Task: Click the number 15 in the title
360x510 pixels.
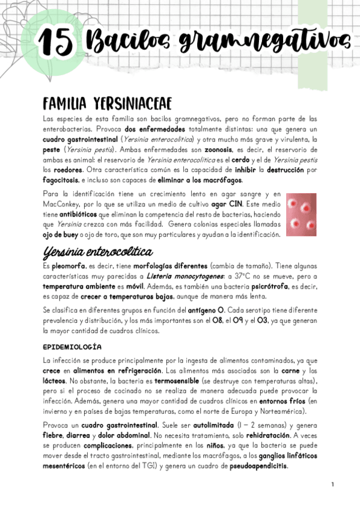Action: pyautogui.click(x=56, y=41)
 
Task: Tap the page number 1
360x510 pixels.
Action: pyautogui.click(x=332, y=484)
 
